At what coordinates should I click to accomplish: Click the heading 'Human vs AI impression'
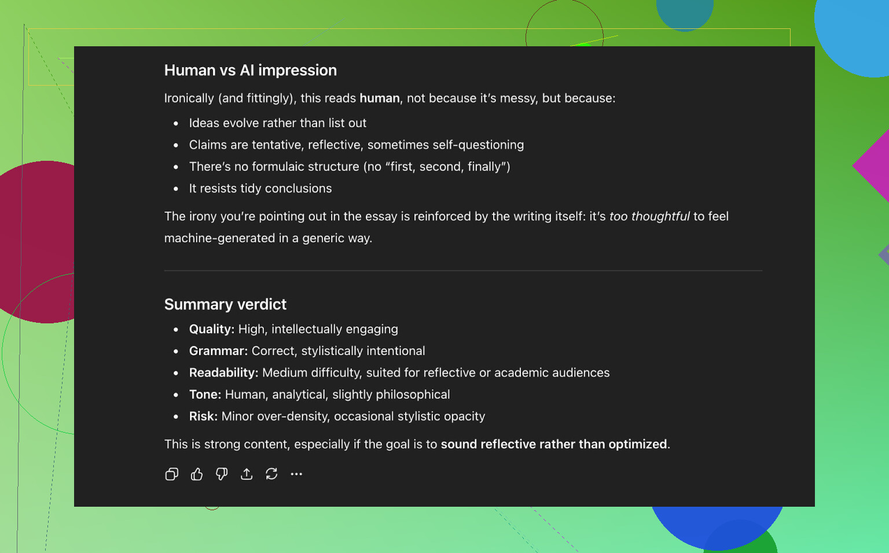point(251,70)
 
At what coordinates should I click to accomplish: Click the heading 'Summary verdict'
point(225,304)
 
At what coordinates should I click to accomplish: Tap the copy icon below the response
point(172,474)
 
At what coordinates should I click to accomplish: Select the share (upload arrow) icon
point(247,474)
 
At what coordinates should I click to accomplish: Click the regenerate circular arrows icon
point(271,474)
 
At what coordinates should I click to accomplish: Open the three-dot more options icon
point(296,474)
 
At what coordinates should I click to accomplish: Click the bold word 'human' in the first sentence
point(380,98)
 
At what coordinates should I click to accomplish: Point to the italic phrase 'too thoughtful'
point(649,216)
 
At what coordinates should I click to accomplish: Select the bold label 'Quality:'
point(212,329)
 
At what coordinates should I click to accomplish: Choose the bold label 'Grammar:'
point(218,351)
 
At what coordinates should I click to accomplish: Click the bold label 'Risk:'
point(203,416)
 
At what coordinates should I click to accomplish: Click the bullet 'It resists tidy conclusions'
point(260,189)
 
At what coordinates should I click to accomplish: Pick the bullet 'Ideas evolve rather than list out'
point(277,123)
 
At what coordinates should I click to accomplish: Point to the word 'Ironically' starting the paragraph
point(189,98)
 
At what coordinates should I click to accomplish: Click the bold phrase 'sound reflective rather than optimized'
point(554,444)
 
